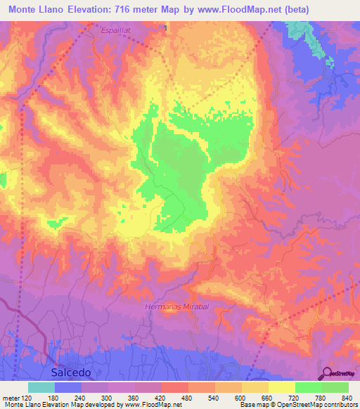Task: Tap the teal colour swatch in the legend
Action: [41, 387]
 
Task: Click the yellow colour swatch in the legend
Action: [281, 387]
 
